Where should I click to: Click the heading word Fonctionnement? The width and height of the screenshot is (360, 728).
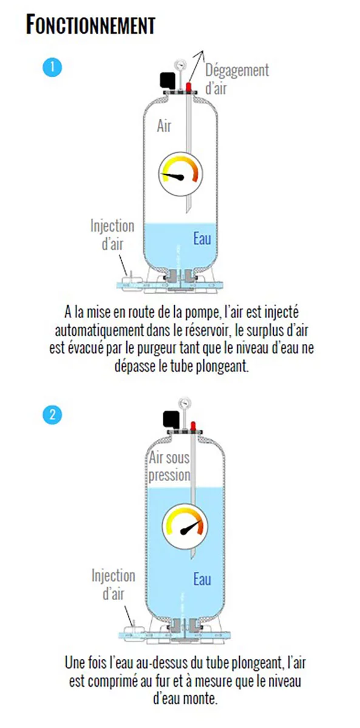pyautogui.click(x=90, y=25)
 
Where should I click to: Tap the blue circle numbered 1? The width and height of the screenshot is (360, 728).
pyautogui.click(x=52, y=67)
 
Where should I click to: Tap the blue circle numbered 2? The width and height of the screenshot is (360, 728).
pyautogui.click(x=52, y=415)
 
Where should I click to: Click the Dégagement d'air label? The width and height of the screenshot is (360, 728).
pyautogui.click(x=237, y=79)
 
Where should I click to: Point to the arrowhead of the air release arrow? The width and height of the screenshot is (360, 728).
pyautogui.click(x=201, y=53)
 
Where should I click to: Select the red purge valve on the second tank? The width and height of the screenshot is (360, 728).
pyautogui.click(x=193, y=426)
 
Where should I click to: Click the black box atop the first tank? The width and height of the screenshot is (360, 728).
pyautogui.click(x=168, y=79)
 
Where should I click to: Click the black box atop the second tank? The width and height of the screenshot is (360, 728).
pyautogui.click(x=171, y=419)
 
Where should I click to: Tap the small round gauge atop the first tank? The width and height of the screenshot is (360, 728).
pyautogui.click(x=180, y=64)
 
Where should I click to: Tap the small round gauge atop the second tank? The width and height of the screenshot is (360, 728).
pyautogui.click(x=185, y=403)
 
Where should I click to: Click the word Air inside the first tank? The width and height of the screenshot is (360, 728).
pyautogui.click(x=164, y=126)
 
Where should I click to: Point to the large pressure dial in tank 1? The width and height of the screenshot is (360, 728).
pyautogui.click(x=180, y=175)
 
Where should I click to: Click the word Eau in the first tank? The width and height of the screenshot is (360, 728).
pyautogui.click(x=202, y=238)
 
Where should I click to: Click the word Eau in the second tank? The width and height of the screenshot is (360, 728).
pyautogui.click(x=202, y=579)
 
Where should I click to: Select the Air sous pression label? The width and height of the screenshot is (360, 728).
pyautogui.click(x=169, y=467)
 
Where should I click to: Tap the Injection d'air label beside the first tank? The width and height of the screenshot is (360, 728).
pyautogui.click(x=112, y=235)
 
